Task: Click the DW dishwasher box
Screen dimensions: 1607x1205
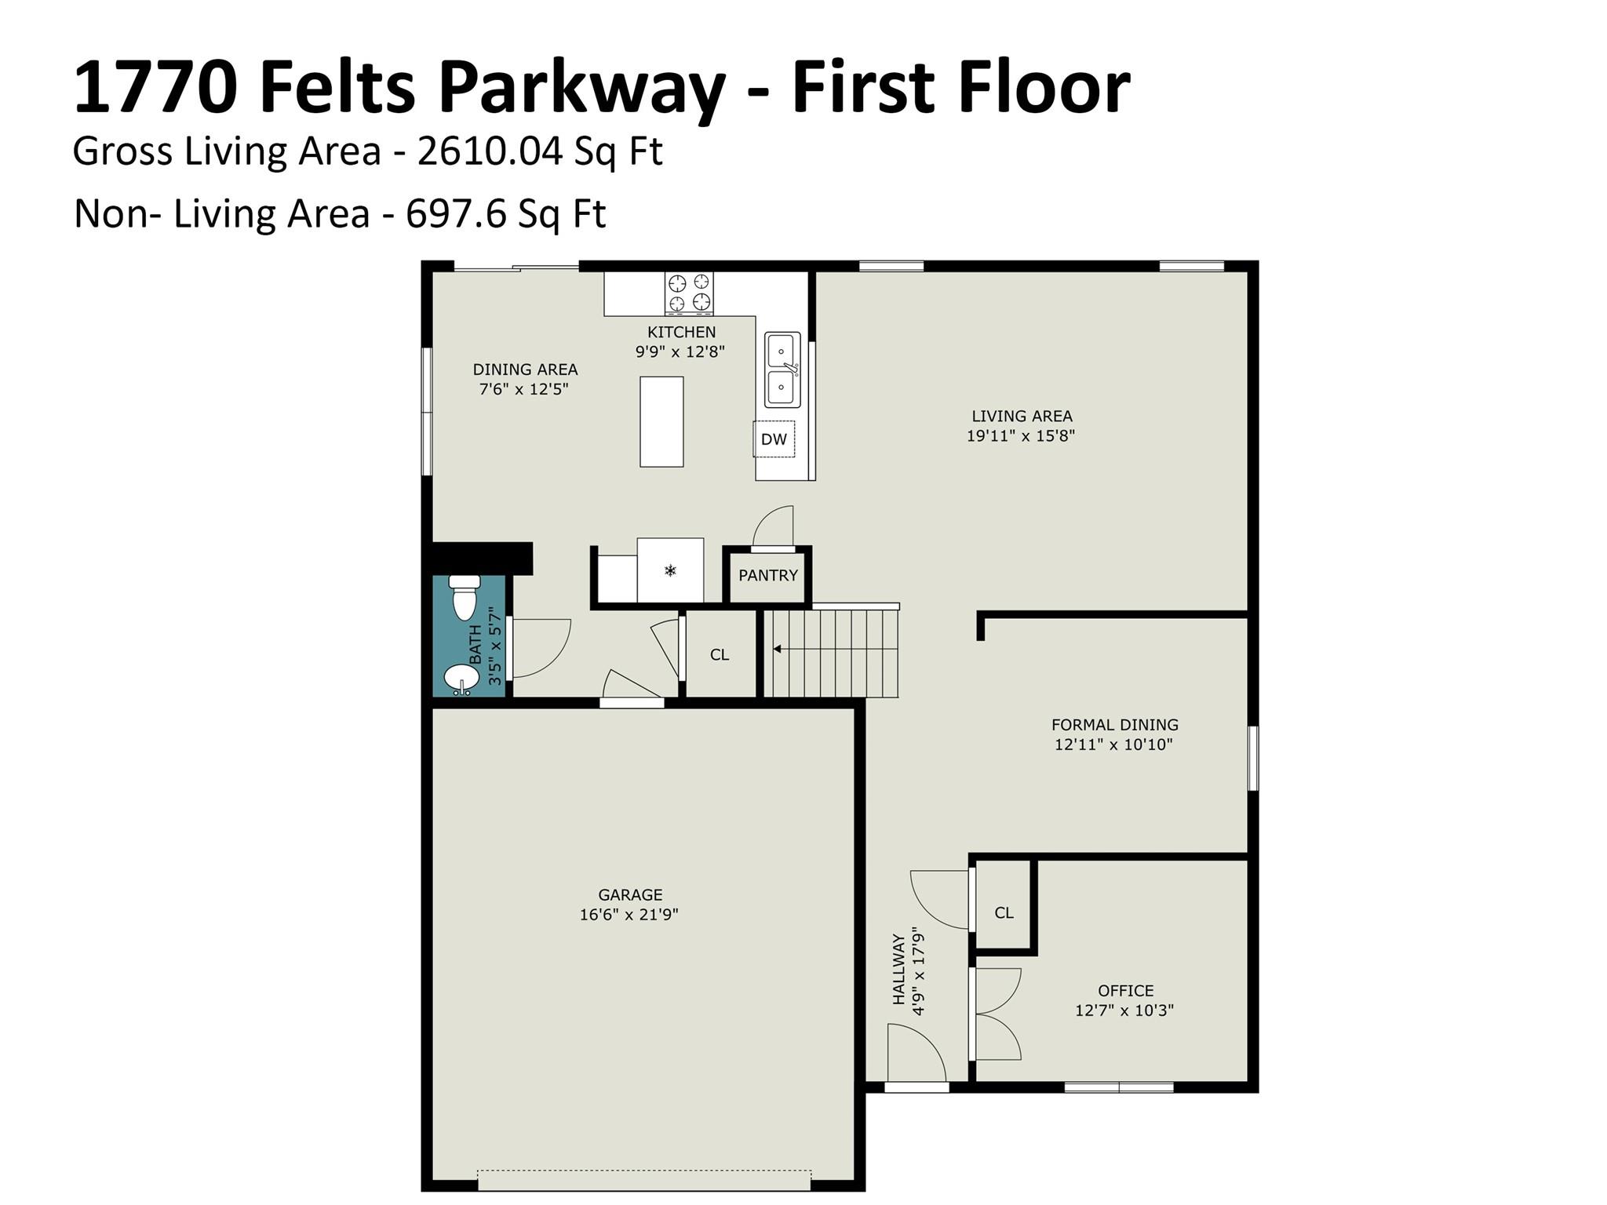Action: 774,439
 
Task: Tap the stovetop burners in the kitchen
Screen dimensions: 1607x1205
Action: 690,293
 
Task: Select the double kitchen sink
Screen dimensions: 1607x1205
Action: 783,370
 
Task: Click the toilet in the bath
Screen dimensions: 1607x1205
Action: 464,597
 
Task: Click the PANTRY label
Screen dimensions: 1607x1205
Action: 768,575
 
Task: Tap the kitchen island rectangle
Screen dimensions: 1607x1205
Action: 661,422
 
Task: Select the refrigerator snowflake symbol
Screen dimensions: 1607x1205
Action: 670,570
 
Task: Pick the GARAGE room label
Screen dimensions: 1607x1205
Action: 630,894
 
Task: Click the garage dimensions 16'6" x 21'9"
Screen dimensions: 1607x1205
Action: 629,914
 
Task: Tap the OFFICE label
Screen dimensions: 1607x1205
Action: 1125,991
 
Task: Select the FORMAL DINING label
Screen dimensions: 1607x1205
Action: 1114,725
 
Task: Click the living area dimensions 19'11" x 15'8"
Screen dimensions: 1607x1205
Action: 1020,435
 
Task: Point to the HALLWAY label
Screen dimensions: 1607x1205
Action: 899,970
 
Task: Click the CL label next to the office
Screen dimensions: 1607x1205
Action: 1004,912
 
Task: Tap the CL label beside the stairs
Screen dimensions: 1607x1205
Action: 720,654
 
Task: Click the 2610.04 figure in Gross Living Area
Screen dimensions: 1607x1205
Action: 490,151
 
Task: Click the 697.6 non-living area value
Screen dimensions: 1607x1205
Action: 455,213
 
